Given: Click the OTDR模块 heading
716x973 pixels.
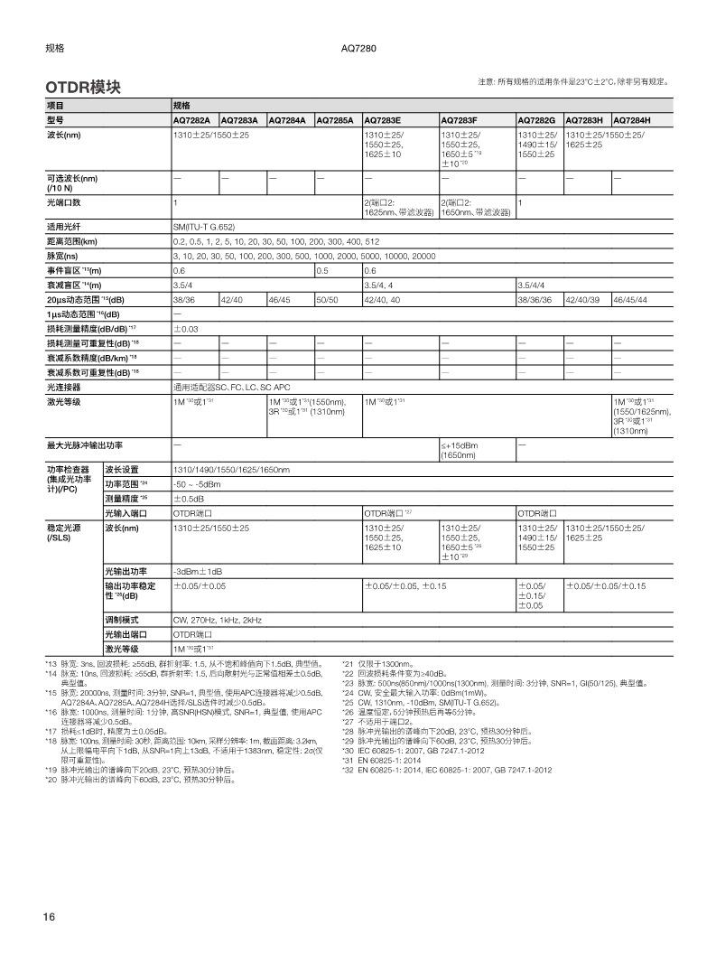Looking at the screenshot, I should pos(83,87).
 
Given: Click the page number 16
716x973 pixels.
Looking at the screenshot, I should pos(49,917).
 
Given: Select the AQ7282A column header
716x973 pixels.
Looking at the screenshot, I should pos(191,120).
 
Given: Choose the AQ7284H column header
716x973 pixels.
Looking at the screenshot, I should pos(632,120).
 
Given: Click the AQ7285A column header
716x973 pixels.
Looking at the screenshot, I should pos(334,120).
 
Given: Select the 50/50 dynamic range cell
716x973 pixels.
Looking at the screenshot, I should pos(327,299).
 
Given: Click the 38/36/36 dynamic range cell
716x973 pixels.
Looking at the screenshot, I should pos(535,299).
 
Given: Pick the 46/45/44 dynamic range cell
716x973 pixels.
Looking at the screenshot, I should pos(630,299).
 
